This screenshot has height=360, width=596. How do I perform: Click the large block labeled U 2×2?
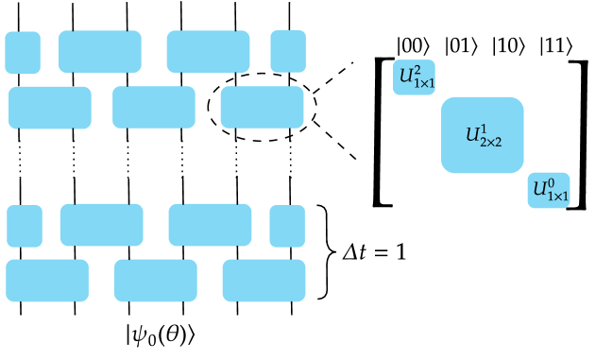click(x=482, y=135)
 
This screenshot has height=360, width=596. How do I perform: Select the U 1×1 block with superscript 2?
click(x=414, y=77)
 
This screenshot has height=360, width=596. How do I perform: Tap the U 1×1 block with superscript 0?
click(x=549, y=190)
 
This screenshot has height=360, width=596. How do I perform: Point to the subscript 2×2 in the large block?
click(x=490, y=142)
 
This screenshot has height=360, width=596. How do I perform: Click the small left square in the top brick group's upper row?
click(x=23, y=52)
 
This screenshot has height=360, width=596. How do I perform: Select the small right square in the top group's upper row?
click(x=288, y=52)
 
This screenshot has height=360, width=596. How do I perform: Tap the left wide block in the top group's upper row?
click(x=100, y=52)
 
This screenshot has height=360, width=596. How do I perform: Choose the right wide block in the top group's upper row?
click(x=209, y=52)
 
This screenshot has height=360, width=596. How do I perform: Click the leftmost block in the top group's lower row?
click(x=50, y=108)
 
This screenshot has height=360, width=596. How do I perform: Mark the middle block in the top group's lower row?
click(x=154, y=108)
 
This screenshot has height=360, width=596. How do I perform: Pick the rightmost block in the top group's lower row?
click(x=263, y=108)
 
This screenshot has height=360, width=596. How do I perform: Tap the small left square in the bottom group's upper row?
click(x=25, y=226)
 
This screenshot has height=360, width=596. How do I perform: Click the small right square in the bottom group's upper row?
click(x=287, y=226)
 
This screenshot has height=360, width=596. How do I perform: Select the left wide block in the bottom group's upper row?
click(x=102, y=225)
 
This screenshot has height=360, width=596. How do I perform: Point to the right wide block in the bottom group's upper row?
click(x=210, y=225)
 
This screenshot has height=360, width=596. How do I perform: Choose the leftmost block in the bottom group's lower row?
click(x=47, y=281)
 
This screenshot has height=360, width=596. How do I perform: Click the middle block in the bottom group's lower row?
click(x=156, y=281)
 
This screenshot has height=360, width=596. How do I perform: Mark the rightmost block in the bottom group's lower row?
click(x=264, y=281)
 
